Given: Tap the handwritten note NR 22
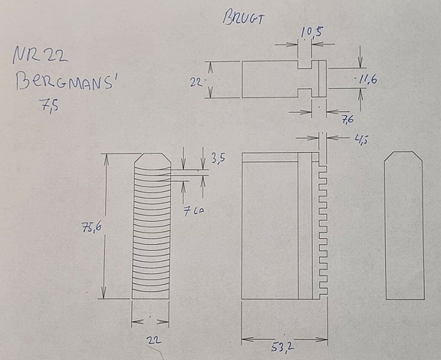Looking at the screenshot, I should (40, 57).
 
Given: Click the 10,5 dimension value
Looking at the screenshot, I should (312, 31).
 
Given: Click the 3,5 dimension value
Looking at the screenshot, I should (218, 160).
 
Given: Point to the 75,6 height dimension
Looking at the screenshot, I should (90, 227).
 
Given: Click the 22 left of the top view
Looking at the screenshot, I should (197, 79).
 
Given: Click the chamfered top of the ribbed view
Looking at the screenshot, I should (151, 162).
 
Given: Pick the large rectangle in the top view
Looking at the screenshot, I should (268, 79).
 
